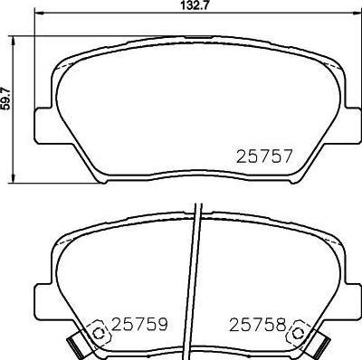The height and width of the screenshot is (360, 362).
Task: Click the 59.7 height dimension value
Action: pos(7,99)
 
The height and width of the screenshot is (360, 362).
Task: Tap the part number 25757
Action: pos(264,156)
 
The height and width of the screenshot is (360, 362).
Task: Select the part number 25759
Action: pos(139,324)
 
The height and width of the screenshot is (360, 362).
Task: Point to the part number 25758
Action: pos(257,325)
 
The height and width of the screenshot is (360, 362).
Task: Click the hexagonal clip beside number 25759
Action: pos(99,333)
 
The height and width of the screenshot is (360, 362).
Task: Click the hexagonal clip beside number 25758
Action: pos(299,333)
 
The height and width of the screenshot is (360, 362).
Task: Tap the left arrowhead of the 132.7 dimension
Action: pos(40,13)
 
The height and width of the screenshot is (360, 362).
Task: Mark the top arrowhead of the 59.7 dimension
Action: pos(13,42)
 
